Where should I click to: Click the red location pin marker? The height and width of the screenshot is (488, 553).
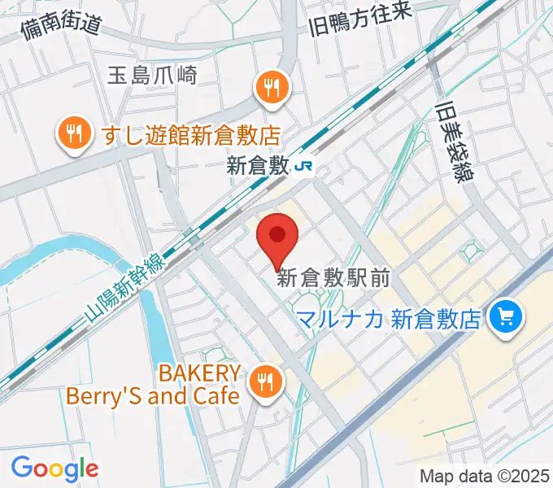277,237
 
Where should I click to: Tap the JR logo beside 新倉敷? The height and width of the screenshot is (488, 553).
306,167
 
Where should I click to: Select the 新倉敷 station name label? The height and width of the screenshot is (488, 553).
258,167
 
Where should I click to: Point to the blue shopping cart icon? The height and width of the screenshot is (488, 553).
506,316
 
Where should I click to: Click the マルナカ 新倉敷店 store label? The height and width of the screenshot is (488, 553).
389,318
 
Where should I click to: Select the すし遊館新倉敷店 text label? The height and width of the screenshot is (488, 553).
191,133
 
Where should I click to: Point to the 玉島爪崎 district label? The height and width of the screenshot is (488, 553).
152,76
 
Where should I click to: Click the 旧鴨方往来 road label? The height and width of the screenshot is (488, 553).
361,18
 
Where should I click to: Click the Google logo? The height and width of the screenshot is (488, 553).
54,468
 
